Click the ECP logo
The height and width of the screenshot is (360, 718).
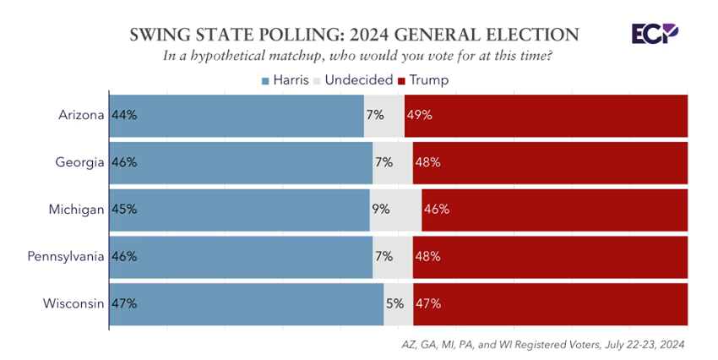tap(654, 34)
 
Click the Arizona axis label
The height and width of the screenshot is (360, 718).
tap(81, 115)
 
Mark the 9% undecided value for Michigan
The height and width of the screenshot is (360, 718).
tap(383, 209)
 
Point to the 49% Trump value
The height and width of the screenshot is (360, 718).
tap(419, 115)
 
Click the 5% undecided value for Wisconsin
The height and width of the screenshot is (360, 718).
tap(394, 303)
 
